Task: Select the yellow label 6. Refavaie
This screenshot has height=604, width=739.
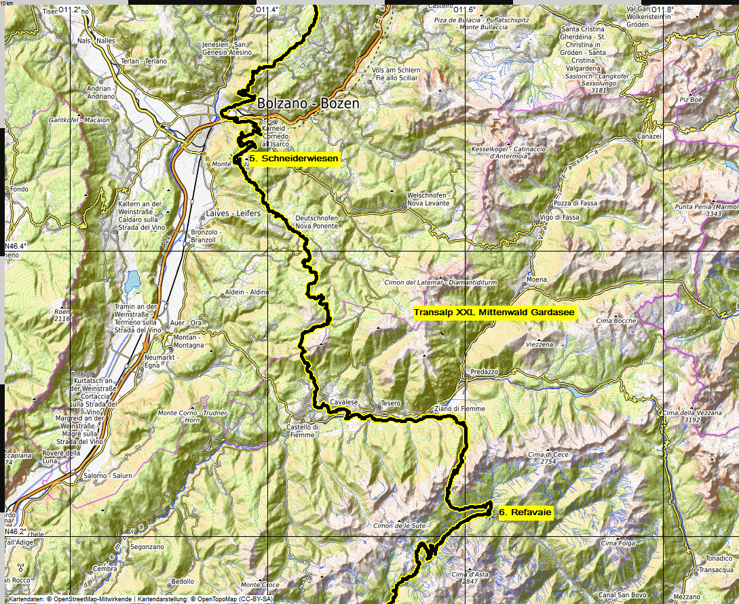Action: (525, 513)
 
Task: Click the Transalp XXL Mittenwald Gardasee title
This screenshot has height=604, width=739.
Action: (494, 313)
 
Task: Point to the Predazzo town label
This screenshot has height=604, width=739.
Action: (484, 372)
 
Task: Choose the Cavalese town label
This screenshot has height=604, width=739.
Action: (344, 402)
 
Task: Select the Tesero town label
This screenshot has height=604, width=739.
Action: (391, 403)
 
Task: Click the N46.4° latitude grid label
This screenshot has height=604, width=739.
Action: (15, 246)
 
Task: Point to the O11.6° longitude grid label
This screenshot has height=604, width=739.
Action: (464, 9)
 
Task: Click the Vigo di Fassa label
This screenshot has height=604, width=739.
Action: (559, 218)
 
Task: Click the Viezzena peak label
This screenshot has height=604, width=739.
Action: (539, 344)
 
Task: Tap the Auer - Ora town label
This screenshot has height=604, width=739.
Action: (187, 322)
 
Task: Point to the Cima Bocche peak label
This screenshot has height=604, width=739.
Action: (615, 321)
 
